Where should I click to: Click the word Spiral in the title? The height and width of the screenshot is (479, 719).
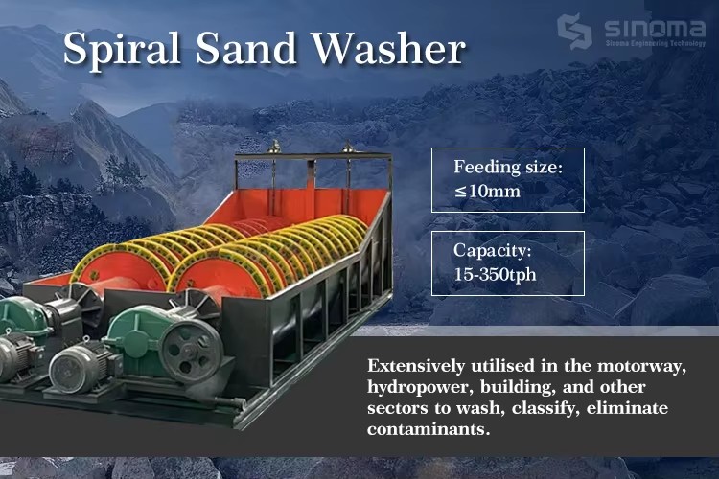(122, 49)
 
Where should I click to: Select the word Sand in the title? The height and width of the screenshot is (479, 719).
(246, 48)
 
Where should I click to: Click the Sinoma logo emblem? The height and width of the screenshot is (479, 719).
(574, 32)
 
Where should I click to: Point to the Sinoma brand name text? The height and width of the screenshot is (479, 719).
(655, 29)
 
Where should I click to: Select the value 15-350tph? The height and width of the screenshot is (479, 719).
(495, 275)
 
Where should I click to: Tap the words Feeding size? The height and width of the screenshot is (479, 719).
(507, 168)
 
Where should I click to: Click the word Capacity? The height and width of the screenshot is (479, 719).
(492, 251)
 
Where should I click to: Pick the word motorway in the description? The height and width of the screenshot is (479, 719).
(642, 366)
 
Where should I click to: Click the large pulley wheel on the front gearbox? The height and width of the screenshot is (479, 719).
(189, 350)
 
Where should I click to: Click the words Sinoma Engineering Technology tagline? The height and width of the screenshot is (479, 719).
(655, 43)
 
